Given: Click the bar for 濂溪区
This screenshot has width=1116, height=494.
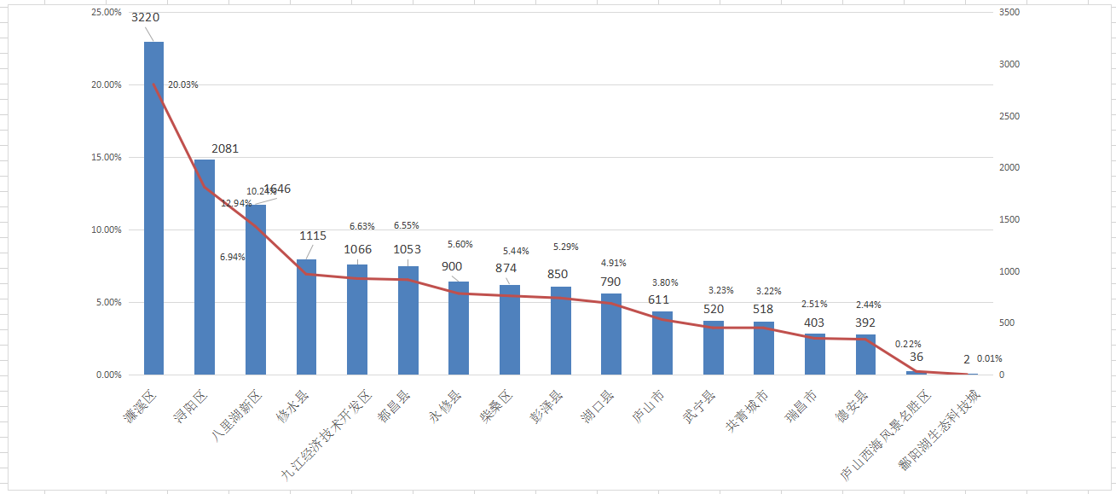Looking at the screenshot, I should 153,208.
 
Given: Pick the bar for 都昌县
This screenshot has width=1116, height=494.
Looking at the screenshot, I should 408,321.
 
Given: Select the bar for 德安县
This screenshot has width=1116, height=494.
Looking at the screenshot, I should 865,355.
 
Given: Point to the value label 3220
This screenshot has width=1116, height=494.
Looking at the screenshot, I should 145,17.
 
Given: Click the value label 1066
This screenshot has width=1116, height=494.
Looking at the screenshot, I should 357,249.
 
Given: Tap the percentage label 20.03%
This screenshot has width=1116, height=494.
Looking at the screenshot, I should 183,84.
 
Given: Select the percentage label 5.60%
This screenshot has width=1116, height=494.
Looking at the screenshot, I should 460,244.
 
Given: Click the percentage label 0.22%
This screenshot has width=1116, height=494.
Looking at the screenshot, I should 908,344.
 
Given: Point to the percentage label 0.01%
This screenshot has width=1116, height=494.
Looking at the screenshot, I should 990,358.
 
